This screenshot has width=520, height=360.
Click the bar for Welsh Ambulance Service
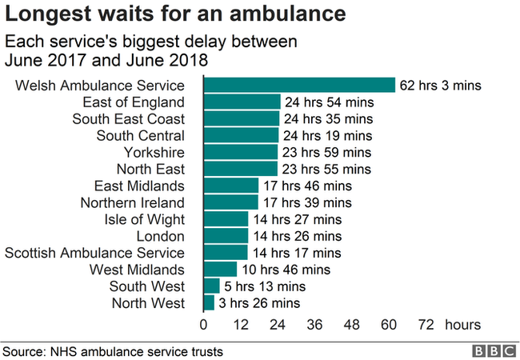300,85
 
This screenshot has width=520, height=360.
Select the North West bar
210,302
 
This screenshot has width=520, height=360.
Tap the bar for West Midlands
221,270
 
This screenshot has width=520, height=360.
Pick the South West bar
212,286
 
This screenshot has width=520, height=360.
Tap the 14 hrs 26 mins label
296,236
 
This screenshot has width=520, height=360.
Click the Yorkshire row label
154,152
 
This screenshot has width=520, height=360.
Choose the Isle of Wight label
145,219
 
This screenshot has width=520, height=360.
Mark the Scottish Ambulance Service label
95,253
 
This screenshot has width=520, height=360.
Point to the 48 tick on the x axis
353,325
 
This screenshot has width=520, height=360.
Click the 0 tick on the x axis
204,325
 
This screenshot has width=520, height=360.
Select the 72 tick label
426,325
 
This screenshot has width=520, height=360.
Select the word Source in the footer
23,351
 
